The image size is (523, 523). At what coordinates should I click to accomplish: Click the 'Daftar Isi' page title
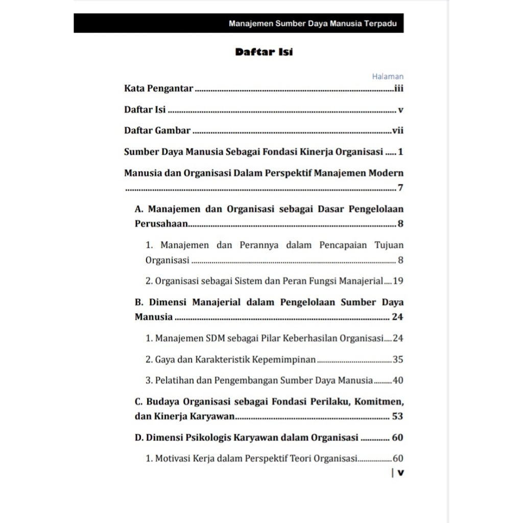[264, 52]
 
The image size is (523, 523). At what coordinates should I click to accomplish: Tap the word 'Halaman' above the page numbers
[388, 77]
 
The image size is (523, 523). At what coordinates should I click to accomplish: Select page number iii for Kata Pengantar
[399, 88]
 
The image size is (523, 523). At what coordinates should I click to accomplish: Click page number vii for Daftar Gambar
[398, 130]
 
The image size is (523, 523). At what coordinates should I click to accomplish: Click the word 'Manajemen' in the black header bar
[251, 23]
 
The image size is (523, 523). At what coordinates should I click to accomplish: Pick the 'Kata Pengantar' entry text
[158, 88]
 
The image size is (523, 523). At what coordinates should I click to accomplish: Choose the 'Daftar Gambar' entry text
[157, 130]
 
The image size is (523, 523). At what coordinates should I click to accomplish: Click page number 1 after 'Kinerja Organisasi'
[401, 152]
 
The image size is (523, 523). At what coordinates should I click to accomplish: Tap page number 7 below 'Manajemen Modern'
[401, 188]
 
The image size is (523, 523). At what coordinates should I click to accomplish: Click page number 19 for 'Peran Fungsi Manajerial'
[398, 281]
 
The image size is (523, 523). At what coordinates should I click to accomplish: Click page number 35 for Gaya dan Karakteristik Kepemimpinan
[398, 360]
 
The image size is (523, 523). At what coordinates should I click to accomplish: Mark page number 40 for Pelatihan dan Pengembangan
[398, 381]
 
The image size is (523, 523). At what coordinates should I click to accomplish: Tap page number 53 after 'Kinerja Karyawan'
[397, 416]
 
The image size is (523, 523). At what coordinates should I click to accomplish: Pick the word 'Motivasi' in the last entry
[173, 459]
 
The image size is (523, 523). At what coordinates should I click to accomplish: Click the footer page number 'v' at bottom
[400, 472]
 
